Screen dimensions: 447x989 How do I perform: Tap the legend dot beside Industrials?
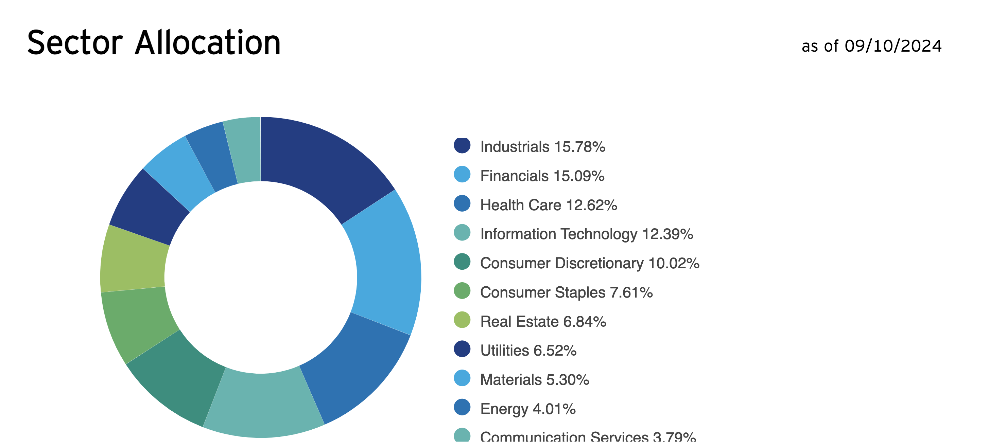point(462,146)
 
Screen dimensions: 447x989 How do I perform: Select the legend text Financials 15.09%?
point(542,176)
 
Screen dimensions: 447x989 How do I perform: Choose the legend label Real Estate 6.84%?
point(543,322)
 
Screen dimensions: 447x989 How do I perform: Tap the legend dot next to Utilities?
point(462,349)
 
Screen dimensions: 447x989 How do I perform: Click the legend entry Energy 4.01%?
point(527,409)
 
